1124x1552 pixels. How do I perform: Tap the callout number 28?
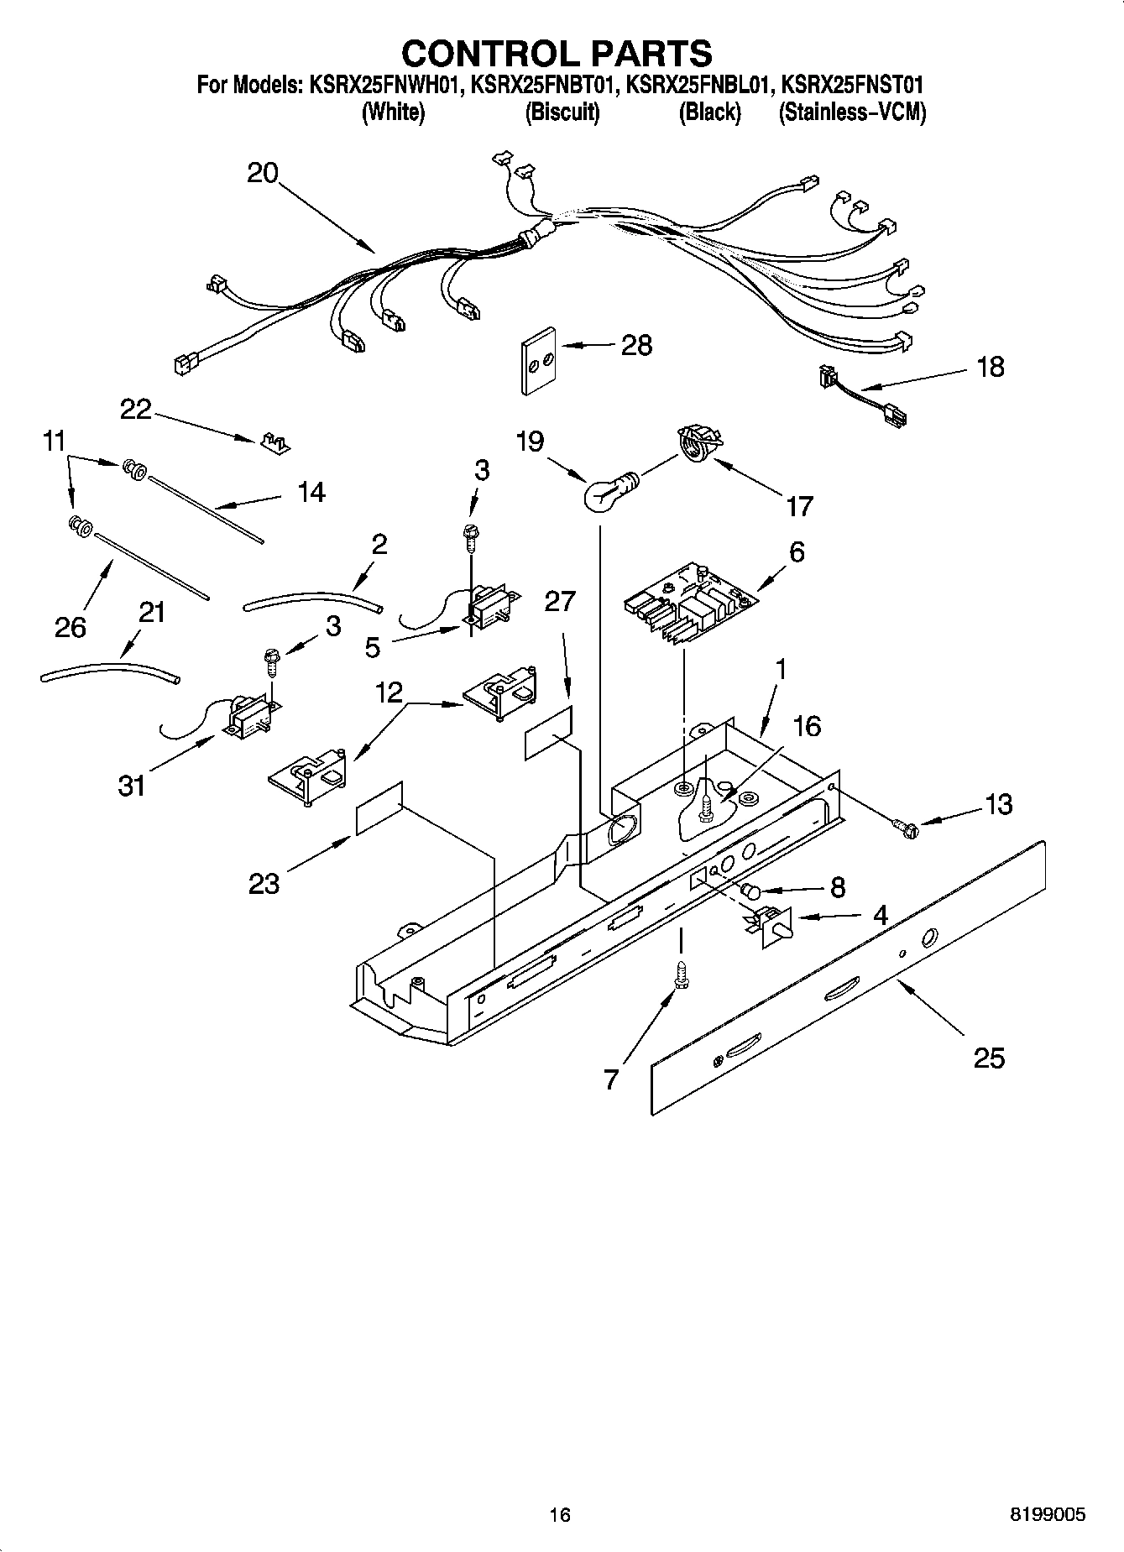coord(635,345)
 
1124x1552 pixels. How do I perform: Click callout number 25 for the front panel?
coord(988,1058)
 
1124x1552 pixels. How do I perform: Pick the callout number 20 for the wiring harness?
coord(262,174)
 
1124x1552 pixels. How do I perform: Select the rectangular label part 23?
coord(379,808)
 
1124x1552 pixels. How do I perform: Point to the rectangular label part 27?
coord(549,732)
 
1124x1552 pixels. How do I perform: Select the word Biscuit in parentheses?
coord(562,112)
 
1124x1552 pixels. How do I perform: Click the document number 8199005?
coord(1047,1515)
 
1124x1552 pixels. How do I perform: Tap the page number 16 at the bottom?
coord(560,1515)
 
